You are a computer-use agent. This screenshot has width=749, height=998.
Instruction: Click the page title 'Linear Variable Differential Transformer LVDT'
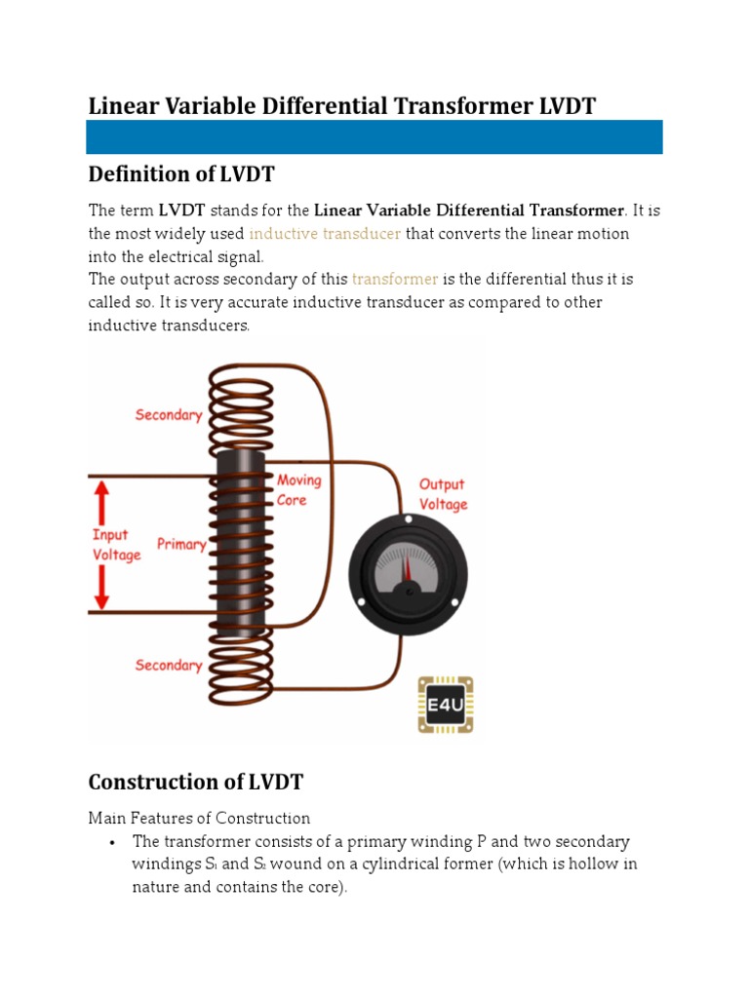pos(341,105)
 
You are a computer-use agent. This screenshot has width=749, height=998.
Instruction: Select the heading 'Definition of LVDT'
pos(181,174)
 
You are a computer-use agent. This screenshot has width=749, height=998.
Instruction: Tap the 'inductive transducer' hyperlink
pos(325,234)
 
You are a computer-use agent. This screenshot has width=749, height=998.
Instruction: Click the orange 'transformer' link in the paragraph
pos(395,280)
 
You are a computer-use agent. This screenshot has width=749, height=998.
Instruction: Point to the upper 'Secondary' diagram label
pos(168,415)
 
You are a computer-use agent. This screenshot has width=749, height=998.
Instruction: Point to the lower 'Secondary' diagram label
pos(168,666)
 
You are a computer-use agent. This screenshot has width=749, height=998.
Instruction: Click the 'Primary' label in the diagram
pos(181,544)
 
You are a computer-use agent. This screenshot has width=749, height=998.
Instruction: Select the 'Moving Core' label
pos(298,490)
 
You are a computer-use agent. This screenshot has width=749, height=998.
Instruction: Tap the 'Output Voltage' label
pos(443,494)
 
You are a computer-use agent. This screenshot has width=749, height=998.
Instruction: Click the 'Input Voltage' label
pos(116,545)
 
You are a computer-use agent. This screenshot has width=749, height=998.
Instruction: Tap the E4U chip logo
pos(446,704)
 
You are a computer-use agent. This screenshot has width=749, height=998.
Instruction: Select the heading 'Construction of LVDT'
pos(196,782)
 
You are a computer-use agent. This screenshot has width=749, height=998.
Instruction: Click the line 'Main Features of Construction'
pos(199,819)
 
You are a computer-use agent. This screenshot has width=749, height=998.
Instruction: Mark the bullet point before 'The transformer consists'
pos(115,842)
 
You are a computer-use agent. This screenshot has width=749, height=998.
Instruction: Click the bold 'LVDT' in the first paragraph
pos(181,211)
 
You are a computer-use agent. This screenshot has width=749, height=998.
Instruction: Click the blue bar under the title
pos(374,137)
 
